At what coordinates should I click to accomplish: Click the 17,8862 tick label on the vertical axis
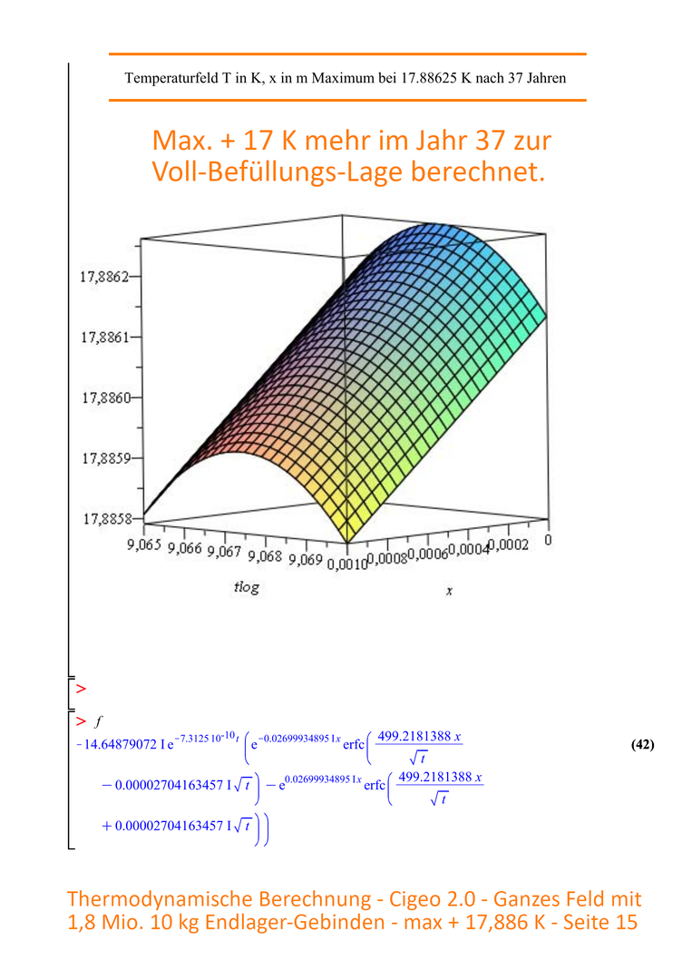104,276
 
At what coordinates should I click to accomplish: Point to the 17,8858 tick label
108,519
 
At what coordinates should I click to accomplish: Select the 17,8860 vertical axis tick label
107,397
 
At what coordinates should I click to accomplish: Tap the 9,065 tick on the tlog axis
144,544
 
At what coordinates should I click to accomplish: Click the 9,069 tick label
306,559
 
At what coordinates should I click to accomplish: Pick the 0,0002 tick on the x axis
509,545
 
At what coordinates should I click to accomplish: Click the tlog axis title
246,587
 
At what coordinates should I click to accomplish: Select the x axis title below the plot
449,591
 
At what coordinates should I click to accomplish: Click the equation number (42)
643,744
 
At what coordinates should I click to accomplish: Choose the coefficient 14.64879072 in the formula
120,744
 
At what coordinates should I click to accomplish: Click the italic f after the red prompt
98,721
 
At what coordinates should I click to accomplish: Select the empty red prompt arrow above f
81,689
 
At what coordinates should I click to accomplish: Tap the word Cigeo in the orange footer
414,898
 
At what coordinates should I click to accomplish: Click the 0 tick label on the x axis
548,539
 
